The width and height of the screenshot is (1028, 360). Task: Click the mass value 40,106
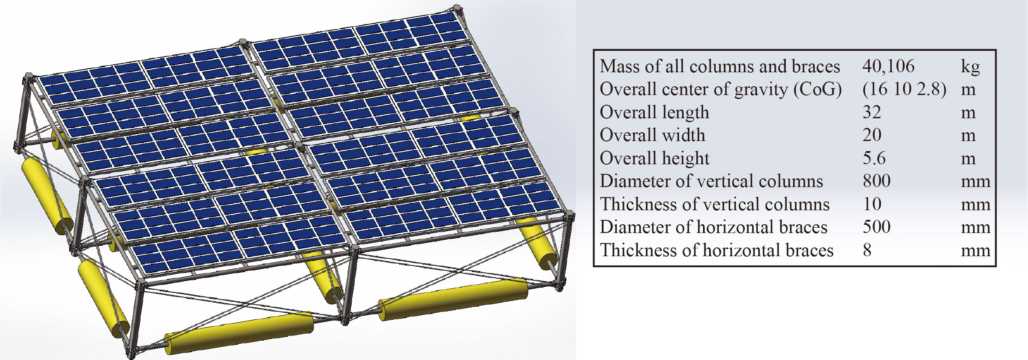[888, 67]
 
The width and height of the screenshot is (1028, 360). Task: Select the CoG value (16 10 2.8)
[904, 89]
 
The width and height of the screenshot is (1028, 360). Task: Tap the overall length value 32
[872, 113]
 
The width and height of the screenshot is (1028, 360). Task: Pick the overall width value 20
[872, 135]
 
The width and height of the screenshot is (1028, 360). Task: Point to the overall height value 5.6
[874, 158]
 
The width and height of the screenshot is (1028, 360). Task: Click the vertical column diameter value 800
[876, 181]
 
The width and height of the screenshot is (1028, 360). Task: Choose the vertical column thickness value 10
[872, 204]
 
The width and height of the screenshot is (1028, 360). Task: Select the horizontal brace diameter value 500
[876, 227]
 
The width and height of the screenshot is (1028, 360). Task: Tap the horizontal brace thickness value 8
[867, 251]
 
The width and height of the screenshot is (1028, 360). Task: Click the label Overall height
[654, 159]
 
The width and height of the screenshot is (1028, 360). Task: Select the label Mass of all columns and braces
[720, 67]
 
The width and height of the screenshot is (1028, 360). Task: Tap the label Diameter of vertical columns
[711, 181]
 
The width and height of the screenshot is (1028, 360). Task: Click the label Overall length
[654, 113]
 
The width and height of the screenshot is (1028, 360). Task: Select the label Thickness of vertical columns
[715, 205]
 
